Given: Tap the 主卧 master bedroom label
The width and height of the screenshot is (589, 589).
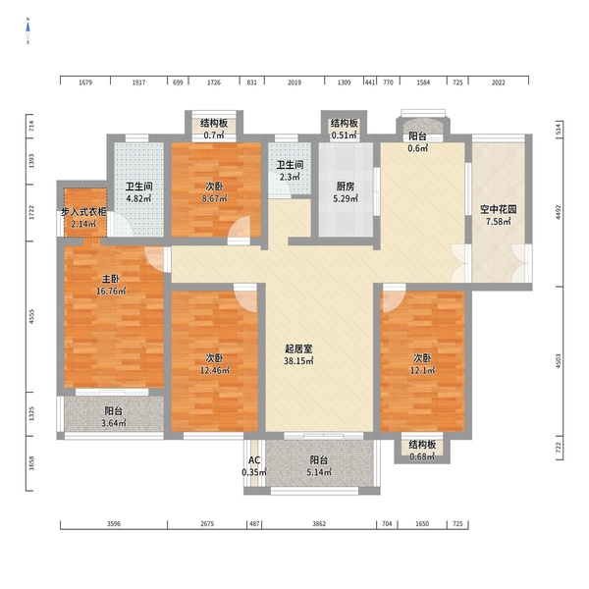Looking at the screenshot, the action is pos(111,279).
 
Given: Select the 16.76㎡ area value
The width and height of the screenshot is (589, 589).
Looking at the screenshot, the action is pos(111,292).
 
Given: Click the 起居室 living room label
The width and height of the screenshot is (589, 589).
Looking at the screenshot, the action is pos(298,348).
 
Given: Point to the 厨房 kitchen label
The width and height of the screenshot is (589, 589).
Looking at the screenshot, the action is pos(346,187).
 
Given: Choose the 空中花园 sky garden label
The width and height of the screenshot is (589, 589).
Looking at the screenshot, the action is pos(498,210).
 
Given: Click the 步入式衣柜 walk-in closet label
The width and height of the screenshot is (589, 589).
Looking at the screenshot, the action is pos(83,212).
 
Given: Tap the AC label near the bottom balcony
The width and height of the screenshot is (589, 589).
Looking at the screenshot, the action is pos(254,460).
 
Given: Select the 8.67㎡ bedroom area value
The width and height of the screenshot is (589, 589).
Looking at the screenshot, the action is pos(214,198).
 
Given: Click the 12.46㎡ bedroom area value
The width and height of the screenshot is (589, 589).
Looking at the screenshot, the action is pos(215,371).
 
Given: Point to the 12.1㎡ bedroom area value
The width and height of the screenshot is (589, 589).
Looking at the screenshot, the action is pos(422,371).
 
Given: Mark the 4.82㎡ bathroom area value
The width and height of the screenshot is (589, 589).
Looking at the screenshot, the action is pos(138,198).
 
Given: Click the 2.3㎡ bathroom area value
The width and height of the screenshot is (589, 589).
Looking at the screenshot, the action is pos(290,177).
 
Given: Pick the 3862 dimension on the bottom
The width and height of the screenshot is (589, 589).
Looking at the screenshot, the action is pos(319,524).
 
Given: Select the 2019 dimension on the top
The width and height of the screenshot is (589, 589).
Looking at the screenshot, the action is pos(294,82).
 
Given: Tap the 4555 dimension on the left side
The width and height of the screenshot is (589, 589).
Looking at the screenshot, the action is pos(31,317).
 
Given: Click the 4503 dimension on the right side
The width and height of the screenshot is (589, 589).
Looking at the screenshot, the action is pos(558,361).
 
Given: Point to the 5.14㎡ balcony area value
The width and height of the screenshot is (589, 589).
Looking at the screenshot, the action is pos(319,472).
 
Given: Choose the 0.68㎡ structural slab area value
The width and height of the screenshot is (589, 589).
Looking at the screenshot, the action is pos(422,457).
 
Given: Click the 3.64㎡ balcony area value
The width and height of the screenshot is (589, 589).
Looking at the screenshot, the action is pos(114,423).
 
